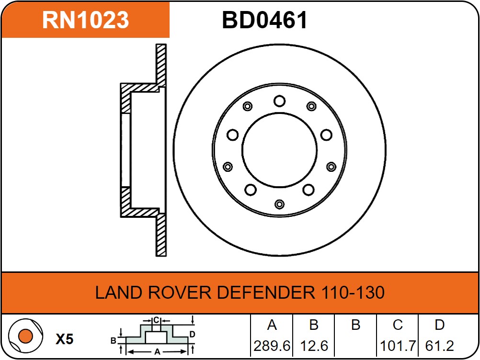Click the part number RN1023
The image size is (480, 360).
(x=86, y=20)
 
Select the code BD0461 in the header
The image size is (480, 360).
(x=264, y=21)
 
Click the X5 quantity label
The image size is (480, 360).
(x=64, y=339)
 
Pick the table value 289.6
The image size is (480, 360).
(x=272, y=346)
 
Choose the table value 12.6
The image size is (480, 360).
(x=313, y=346)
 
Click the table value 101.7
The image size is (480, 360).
(x=397, y=346)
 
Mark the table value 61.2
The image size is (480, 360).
(x=439, y=346)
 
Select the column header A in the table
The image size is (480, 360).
(x=272, y=325)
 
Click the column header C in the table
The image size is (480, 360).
(x=397, y=325)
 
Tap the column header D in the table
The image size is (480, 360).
(x=439, y=325)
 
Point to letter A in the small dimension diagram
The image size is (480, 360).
(x=157, y=352)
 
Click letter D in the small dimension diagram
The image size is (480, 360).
(x=192, y=334)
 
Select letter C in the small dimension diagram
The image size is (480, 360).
(x=156, y=320)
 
